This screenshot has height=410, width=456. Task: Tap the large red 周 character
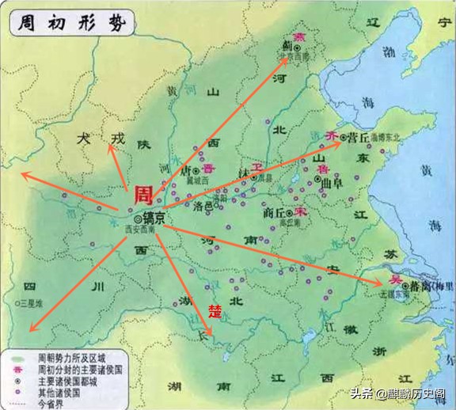coord(142,195)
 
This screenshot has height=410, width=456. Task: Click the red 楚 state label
coord(214,308)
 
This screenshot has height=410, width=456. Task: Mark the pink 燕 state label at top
coord(298,37)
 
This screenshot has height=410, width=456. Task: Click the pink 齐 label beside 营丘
coord(331,135)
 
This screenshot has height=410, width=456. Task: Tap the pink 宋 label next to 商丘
coord(300,212)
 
